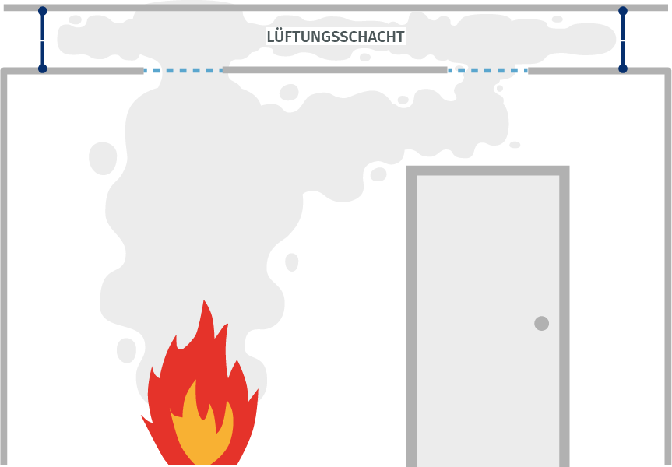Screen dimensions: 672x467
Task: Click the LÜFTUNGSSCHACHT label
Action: click(336, 37)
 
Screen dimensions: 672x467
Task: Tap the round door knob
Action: click(542, 324)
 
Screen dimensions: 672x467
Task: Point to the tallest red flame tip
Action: click(203, 300)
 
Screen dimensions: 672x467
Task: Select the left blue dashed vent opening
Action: click(183, 71)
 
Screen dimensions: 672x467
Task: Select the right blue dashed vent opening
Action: click(487, 71)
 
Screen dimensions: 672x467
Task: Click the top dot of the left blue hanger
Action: click(42, 11)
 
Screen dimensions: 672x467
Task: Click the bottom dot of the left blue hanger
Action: click(42, 68)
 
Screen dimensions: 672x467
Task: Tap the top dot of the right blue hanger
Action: click(623, 11)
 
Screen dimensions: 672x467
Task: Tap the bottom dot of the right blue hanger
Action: click(623, 68)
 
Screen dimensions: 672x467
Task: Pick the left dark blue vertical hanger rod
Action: click(42, 40)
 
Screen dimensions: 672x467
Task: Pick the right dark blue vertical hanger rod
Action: click(623, 40)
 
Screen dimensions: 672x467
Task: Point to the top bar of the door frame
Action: click(487, 170)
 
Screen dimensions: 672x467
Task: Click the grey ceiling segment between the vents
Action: click(335, 70)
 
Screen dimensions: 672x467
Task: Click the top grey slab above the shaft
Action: click(336, 8)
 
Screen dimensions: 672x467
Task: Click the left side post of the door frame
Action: click(411, 316)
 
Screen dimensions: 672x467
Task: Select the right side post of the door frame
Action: click(565, 316)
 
